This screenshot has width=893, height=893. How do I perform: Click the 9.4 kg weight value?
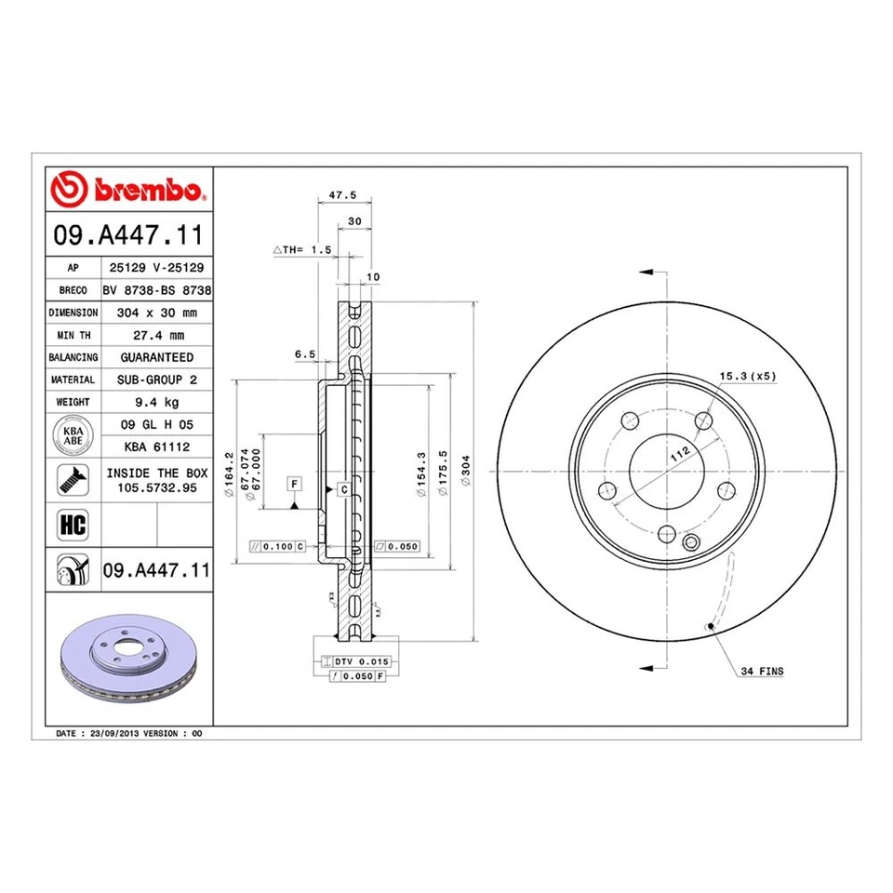tap(156, 402)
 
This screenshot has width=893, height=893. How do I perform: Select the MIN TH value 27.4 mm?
tap(156, 335)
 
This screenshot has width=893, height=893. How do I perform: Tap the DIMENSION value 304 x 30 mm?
tap(156, 313)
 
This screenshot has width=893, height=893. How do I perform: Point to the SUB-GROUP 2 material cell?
tap(156, 380)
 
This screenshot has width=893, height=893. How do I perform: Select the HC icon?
tap(73, 525)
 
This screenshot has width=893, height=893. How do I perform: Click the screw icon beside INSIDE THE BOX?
tap(73, 479)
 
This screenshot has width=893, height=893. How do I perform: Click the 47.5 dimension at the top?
tap(343, 196)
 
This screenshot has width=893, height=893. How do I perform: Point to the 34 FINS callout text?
tap(763, 671)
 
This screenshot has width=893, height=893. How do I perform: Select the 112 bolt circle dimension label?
tap(682, 454)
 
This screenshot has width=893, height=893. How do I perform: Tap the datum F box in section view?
tap(294, 484)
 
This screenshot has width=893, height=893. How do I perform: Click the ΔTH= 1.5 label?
tap(302, 251)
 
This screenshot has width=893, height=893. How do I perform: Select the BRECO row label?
tap(73, 290)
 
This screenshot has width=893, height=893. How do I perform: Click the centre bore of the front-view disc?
tap(667, 466)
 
